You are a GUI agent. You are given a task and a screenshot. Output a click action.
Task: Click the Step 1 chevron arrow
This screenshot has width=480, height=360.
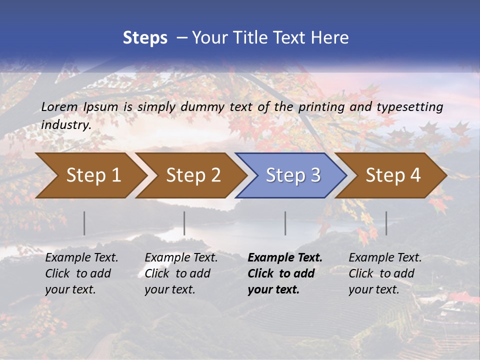pos(90,175)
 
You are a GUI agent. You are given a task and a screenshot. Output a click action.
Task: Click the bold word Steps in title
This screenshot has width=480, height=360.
pos(145,38)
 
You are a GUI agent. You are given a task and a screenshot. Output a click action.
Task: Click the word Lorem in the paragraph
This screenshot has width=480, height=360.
pos(59,106)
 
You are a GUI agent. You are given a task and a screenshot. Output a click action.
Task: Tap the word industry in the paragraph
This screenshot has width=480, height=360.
pos(65,125)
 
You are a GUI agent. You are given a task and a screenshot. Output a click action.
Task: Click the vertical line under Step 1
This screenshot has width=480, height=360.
pos(84,223)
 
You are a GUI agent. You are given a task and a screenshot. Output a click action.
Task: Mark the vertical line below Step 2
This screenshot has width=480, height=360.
pos(184,223)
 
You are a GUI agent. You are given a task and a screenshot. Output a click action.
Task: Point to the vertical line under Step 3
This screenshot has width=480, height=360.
pos(285,223)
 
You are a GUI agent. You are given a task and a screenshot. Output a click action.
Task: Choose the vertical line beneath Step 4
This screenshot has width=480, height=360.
pos(386,223)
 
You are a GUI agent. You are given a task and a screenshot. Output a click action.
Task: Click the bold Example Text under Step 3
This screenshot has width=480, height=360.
pos(285,258)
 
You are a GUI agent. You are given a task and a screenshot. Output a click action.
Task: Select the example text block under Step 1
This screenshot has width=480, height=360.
pos(81,273)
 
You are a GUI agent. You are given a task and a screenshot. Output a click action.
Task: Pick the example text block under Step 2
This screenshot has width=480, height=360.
pos(181,273)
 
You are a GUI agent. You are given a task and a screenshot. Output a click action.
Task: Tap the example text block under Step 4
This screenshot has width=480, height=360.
pos(385,273)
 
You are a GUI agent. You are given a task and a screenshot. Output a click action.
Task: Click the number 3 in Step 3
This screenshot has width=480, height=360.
pos(314,175)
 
